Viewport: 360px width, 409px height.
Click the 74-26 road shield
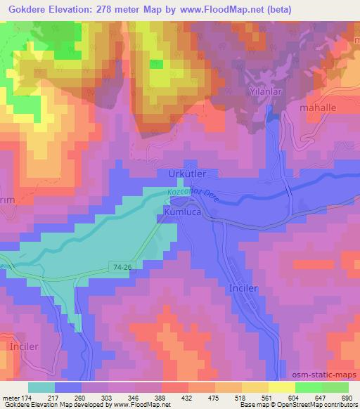tap(122, 267)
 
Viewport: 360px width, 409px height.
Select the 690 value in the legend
tap(346, 397)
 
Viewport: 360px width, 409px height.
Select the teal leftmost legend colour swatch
tap(41, 387)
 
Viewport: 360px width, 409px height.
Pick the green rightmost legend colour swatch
tap(335, 387)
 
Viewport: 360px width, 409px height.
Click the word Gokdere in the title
tap(26, 10)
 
